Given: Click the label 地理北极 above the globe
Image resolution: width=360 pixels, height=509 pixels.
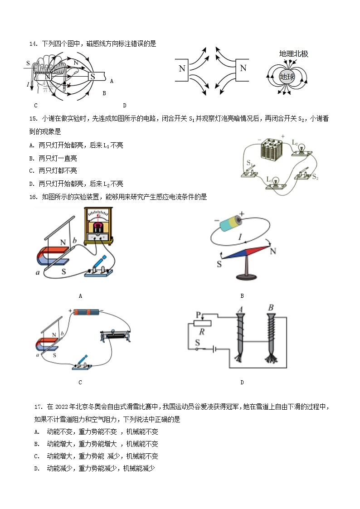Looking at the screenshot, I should tap(293, 54).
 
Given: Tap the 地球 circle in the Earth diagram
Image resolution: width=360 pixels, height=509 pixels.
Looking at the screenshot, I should tap(287, 77).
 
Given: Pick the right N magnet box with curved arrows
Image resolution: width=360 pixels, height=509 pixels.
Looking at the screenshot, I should tap(243, 69).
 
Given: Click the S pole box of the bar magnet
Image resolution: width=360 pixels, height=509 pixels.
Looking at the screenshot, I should tap(92, 77).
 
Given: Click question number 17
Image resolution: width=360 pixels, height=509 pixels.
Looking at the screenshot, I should tap(38, 407).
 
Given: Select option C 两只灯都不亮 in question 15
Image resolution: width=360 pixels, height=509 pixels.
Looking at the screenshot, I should tap(53, 171).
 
